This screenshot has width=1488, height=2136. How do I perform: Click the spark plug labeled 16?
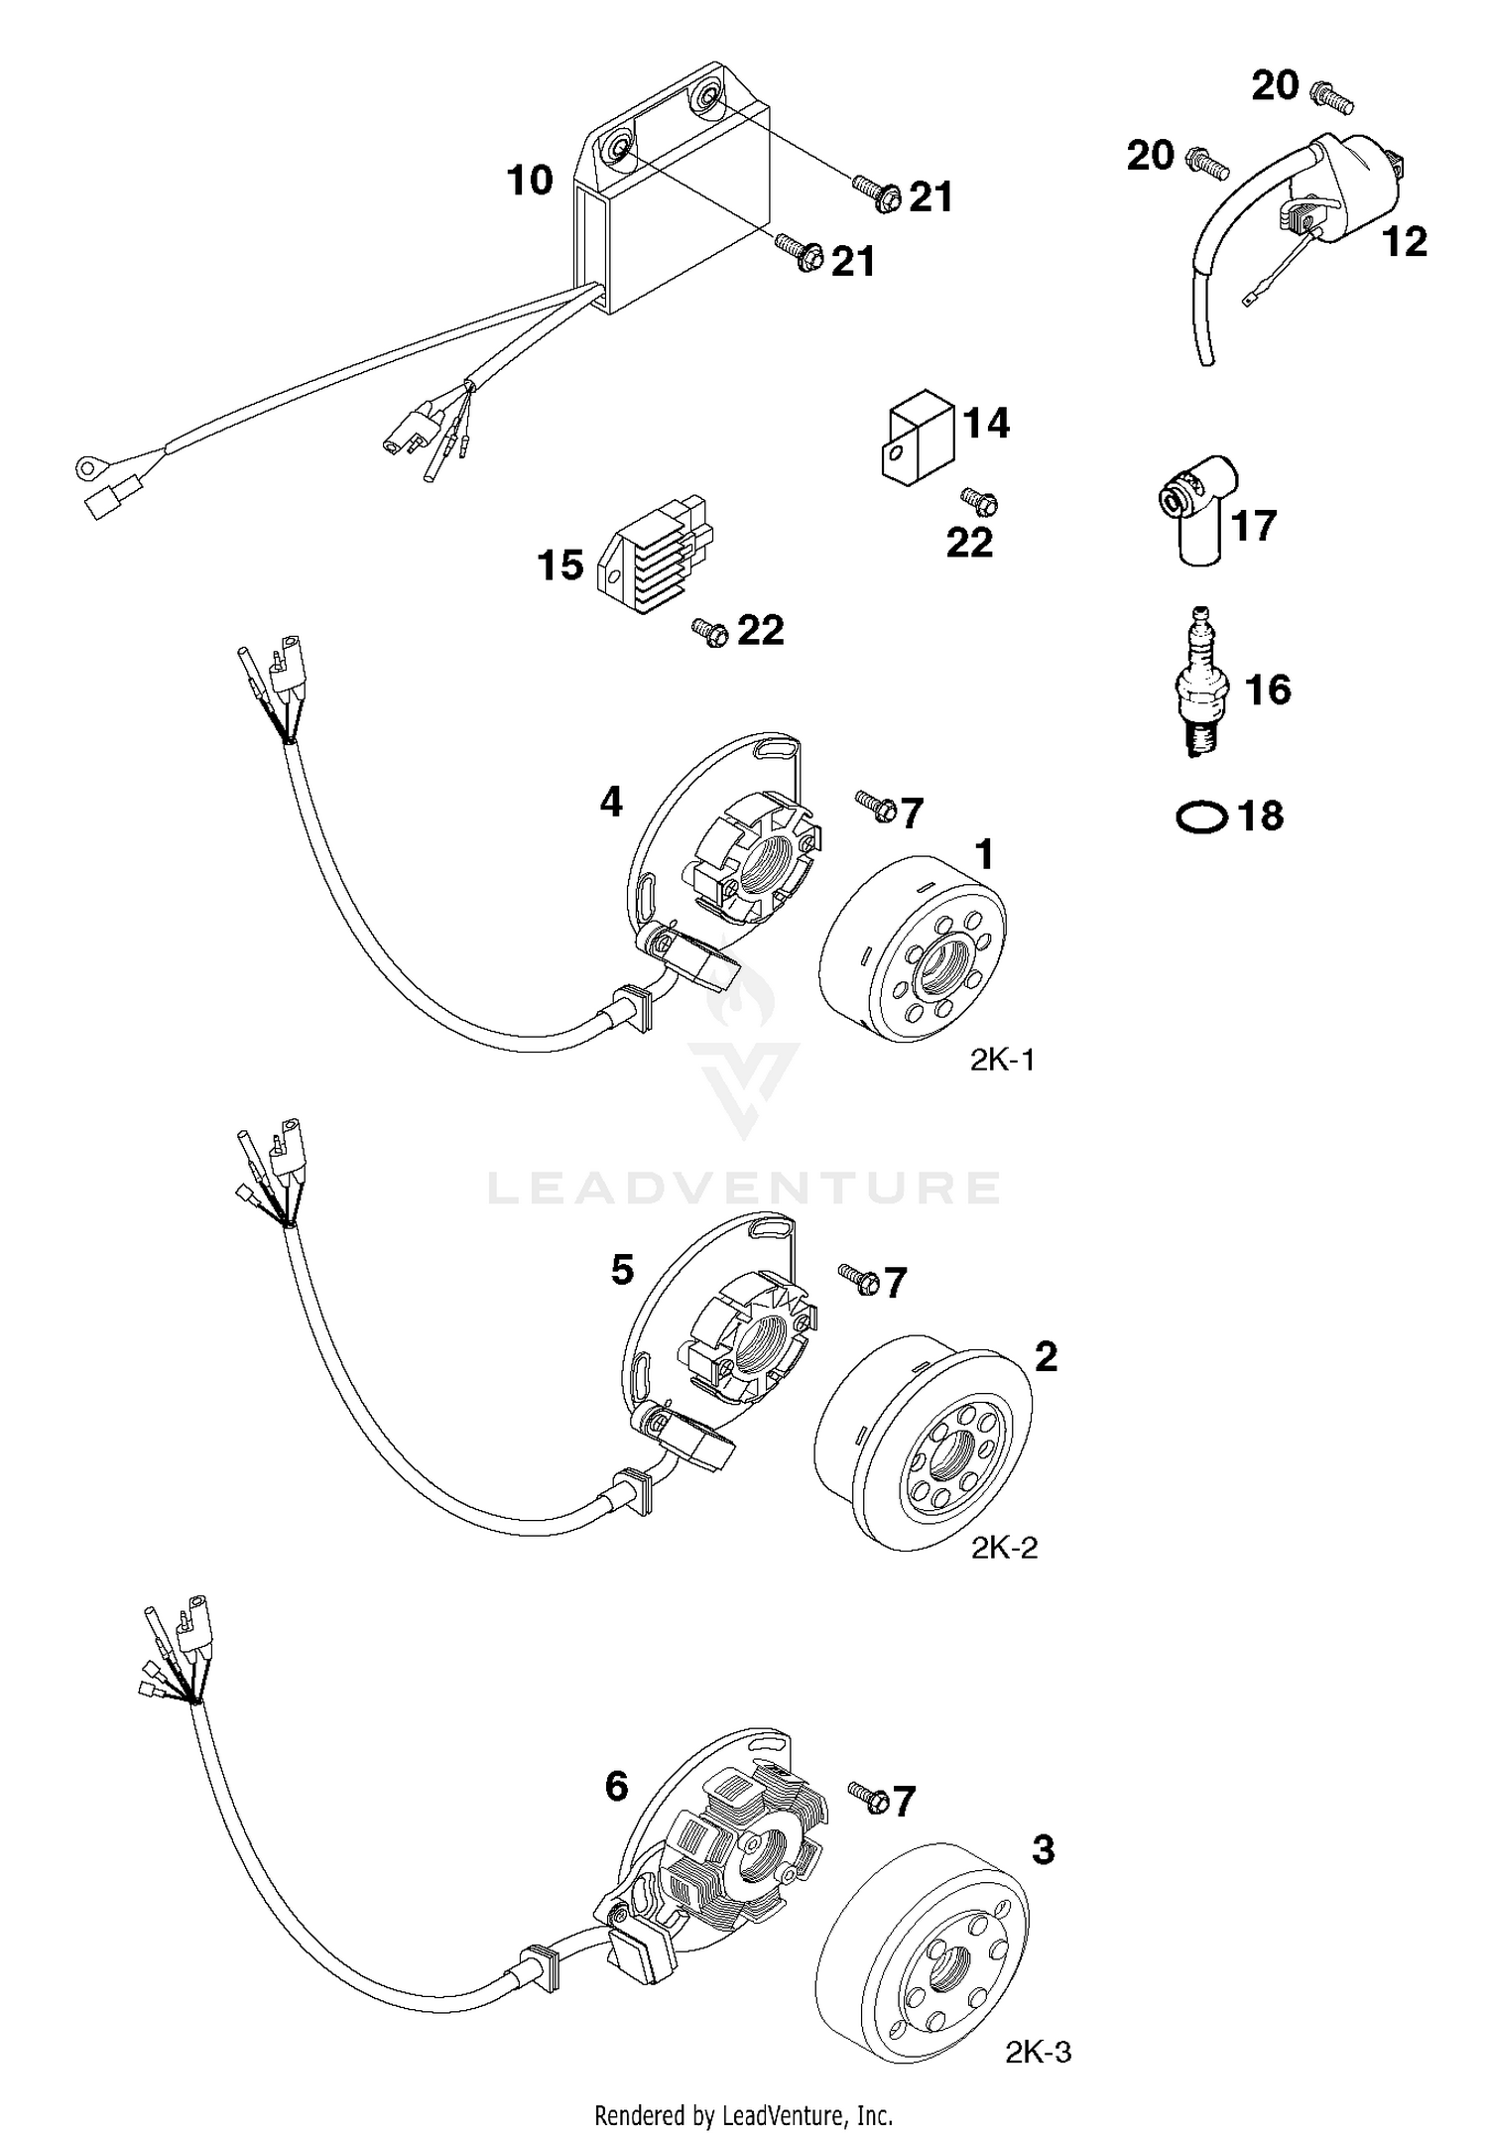pos(1202,685)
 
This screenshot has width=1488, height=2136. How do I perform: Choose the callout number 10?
pos(530,181)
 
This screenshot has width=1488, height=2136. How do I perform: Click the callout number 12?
pos(1405,241)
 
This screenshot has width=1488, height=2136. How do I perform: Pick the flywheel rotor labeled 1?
pos(913,950)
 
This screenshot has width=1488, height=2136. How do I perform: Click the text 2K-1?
pos(1002,1061)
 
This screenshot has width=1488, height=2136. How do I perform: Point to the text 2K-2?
pos(1005,1548)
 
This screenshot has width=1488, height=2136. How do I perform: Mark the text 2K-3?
pos(1039,2053)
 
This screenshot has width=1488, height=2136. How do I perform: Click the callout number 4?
pos(611,802)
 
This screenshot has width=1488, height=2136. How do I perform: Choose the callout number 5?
pos(622,1270)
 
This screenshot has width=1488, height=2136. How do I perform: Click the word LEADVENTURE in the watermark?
pos(744,1188)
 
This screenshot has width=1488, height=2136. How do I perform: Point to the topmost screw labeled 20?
pos(1332,97)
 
